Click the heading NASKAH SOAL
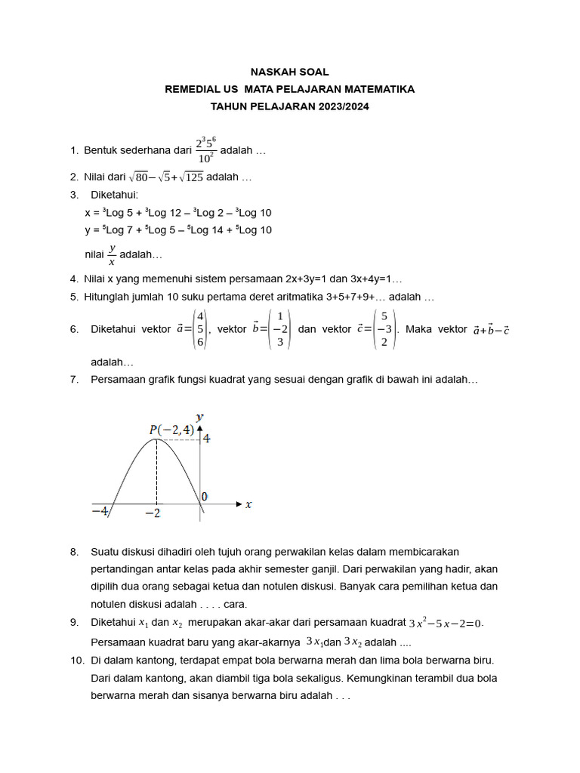(290, 72)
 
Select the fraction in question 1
(205, 150)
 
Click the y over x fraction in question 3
(112, 255)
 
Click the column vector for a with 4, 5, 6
(199, 329)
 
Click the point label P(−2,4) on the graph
(171, 430)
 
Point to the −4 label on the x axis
(100, 511)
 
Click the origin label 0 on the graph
(204, 497)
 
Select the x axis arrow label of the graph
(248, 504)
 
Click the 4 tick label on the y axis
(206, 438)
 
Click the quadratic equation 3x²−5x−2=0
(446, 624)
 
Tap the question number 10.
(77, 660)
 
